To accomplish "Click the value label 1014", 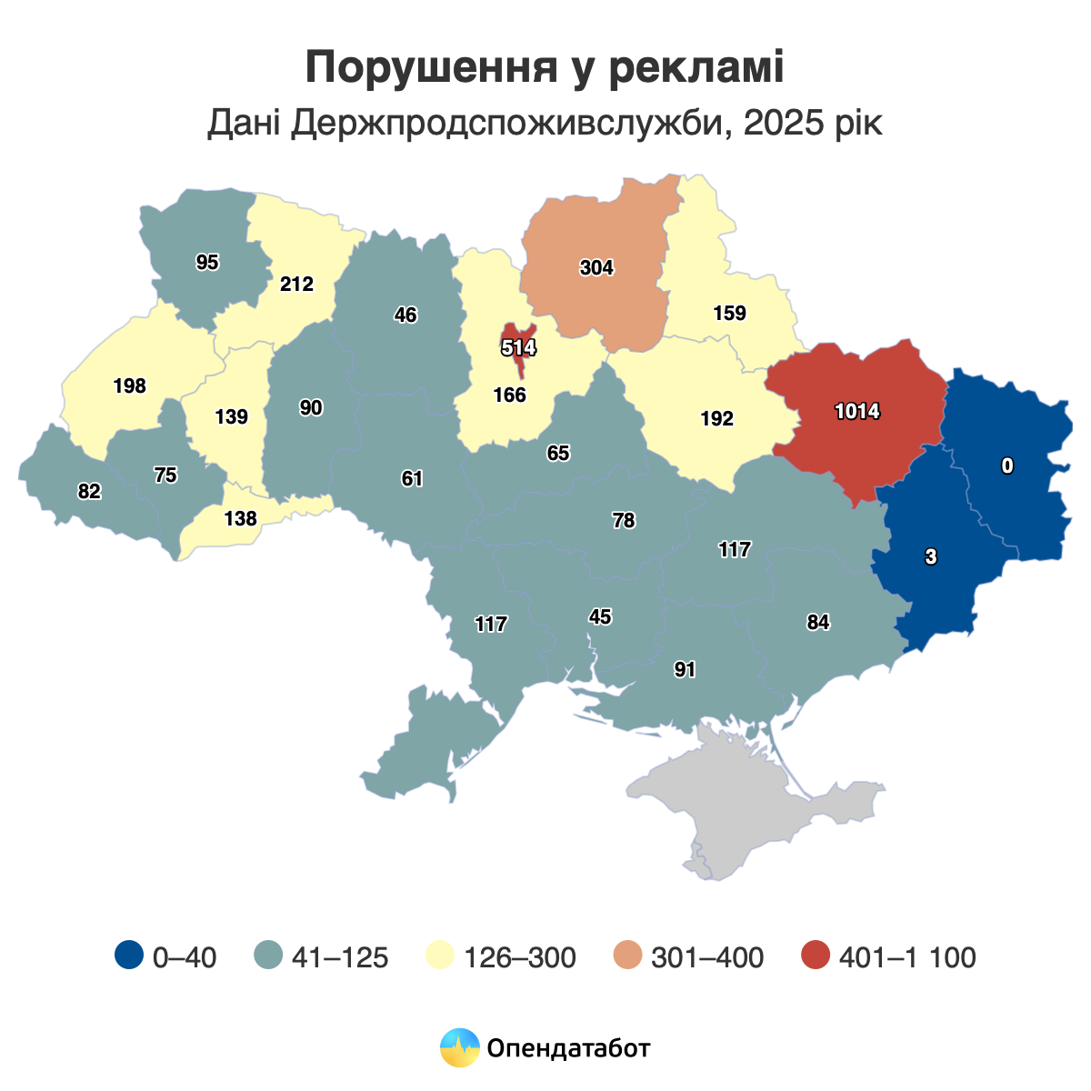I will (857, 412).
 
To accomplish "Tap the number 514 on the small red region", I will (519, 347).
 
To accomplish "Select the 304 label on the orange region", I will (596, 267).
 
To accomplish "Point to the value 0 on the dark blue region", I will (1006, 466).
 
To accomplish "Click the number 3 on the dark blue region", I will (930, 558).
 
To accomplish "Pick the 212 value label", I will (296, 285).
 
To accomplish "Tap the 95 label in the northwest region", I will (207, 263).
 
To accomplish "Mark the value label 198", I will (130, 386).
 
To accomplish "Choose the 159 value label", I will (729, 314).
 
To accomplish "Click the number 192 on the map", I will (716, 419).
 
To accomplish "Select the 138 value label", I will (241, 519).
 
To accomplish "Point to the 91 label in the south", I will (685, 670).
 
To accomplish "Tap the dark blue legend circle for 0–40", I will (129, 956).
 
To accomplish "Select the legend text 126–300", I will (519, 957).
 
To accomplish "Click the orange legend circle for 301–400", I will (627, 956).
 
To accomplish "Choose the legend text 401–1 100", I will (907, 957).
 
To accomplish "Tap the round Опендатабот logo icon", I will (459, 1048).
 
